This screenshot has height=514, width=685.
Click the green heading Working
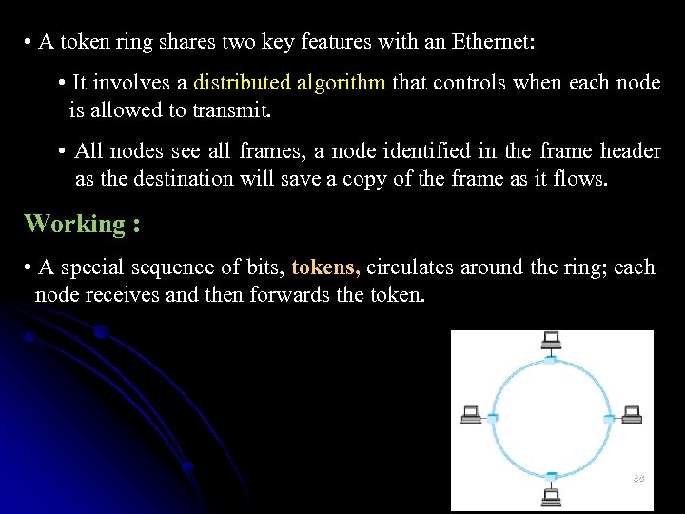coord(74,224)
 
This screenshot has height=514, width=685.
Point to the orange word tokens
coord(325,267)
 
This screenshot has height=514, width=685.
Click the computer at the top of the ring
coord(551,341)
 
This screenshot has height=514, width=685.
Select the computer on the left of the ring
coord(471,414)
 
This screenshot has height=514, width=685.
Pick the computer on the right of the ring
coord(632,414)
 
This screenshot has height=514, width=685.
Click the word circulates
coord(408,267)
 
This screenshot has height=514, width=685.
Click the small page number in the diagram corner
coord(638,478)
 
